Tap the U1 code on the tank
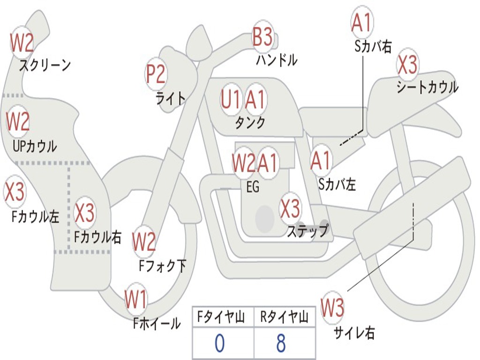pyautogui.click(x=231, y=99)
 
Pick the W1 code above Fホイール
pyautogui.click(x=135, y=300)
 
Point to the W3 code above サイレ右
pyautogui.click(x=332, y=308)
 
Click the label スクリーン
pyautogui.click(x=45, y=65)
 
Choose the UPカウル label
pyautogui.click(x=34, y=146)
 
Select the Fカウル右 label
pyautogui.click(x=98, y=237)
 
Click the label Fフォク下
pyautogui.click(x=162, y=266)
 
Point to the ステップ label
pyautogui.click(x=308, y=231)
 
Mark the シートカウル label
pyautogui.click(x=427, y=88)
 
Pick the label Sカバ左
pyautogui.click(x=337, y=184)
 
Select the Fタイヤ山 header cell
pyautogui.click(x=222, y=318)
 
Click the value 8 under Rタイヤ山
pyautogui.click(x=281, y=344)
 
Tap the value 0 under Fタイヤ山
pyautogui.click(x=219, y=344)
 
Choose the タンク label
pyautogui.click(x=250, y=123)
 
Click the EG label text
pyautogui.click(x=253, y=187)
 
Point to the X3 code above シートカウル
pyautogui.click(x=407, y=65)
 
